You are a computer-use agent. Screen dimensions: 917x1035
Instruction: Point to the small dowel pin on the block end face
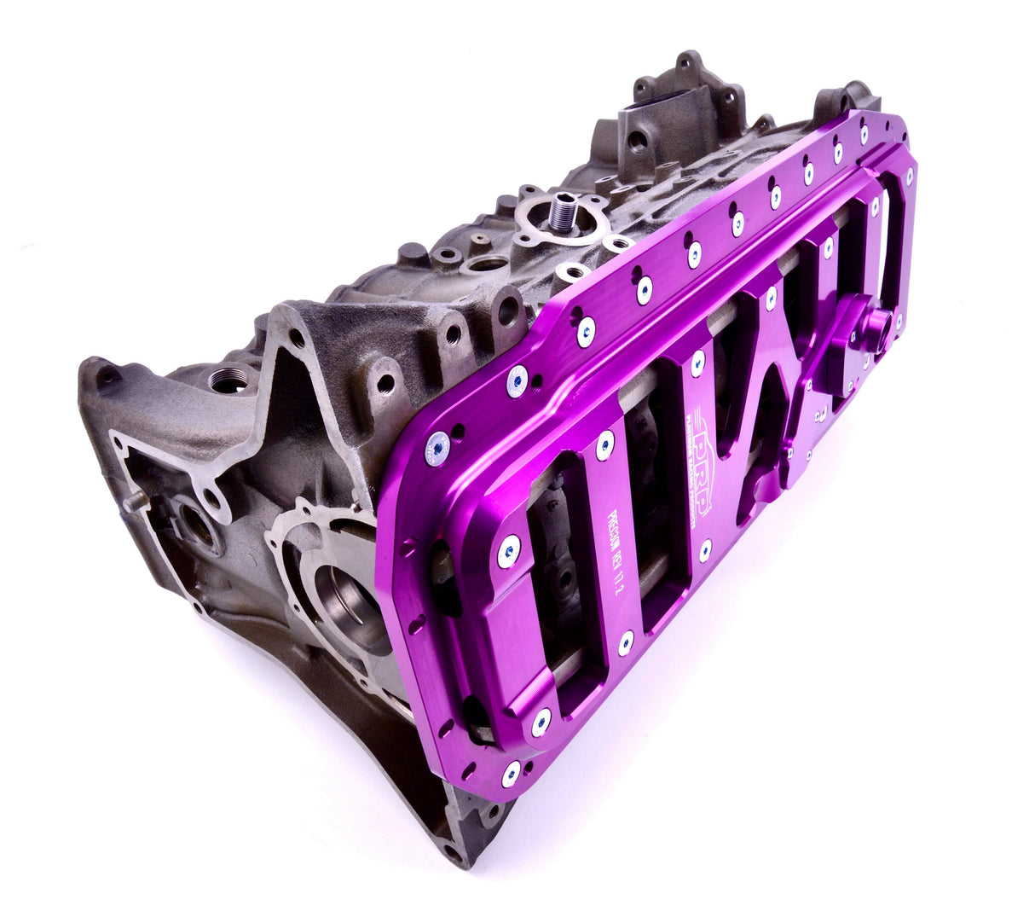click(x=133, y=502)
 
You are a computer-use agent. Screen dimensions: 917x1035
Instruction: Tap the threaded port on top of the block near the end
click(x=228, y=379)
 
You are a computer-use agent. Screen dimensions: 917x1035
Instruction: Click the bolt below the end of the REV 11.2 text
click(x=626, y=643)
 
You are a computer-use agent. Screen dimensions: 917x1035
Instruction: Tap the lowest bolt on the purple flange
click(x=511, y=775)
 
